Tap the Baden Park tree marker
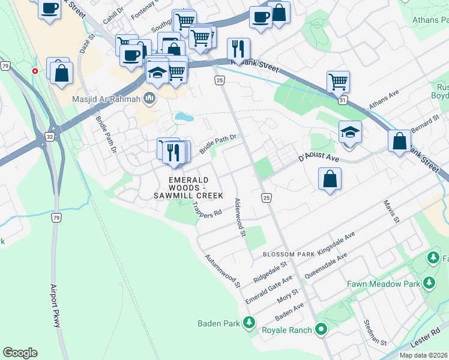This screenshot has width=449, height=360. (249, 324)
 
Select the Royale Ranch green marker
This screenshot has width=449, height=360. (321, 329)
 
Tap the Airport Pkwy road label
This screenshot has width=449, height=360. (56, 305)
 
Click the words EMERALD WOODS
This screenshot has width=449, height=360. (188, 180)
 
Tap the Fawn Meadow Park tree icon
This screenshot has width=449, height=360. (429, 283)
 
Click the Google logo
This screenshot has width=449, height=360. (20, 353)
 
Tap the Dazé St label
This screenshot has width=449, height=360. (92, 45)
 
